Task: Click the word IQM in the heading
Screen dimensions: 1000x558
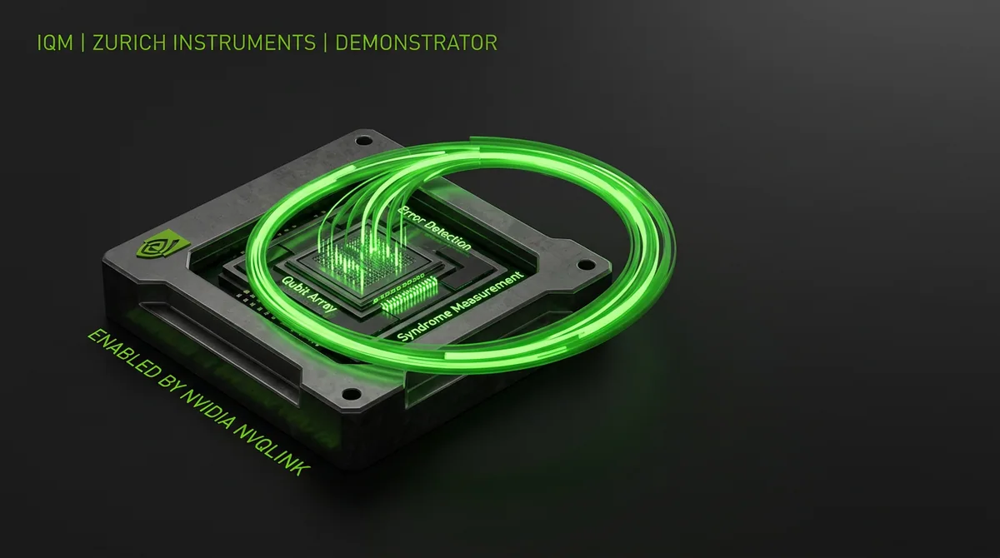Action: (x=55, y=42)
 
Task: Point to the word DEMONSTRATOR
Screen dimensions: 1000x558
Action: (x=416, y=42)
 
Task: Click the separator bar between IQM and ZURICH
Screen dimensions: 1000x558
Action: (x=83, y=42)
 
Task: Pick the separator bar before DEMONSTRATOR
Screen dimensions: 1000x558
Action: (x=326, y=42)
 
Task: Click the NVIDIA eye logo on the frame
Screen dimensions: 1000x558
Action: (x=162, y=246)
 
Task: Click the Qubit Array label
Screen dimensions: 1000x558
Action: (x=308, y=294)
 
